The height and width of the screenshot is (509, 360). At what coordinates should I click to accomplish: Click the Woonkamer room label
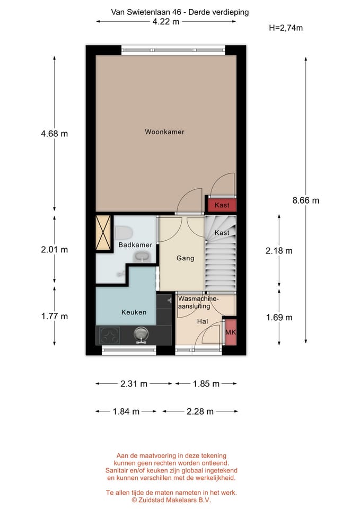164,132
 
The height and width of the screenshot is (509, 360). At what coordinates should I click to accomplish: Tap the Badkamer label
135,245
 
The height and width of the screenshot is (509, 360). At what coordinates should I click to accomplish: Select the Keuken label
134,312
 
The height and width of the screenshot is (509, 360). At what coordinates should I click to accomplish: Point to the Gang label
186,258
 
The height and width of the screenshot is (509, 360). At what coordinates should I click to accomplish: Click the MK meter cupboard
231,332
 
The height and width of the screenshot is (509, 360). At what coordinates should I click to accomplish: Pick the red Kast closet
222,205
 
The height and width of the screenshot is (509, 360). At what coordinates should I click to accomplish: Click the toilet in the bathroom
124,233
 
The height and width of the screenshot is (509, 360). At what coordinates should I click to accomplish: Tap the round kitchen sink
141,334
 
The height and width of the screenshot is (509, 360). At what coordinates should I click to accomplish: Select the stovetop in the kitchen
109,335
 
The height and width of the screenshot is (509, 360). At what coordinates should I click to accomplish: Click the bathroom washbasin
142,258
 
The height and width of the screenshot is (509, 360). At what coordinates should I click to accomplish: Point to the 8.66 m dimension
306,200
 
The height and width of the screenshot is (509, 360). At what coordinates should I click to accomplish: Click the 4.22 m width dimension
166,22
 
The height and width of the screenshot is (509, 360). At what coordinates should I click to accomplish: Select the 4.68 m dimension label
54,134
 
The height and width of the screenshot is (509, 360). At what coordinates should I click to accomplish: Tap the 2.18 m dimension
279,251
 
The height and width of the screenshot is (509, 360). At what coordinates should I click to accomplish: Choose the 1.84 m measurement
126,411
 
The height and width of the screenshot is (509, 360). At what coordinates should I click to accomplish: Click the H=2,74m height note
286,28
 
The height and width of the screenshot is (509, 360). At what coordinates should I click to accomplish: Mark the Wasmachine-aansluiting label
197,302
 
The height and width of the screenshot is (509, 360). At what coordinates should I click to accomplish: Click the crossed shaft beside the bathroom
103,233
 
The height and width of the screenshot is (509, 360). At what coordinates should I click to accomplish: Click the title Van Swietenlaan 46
146,12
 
